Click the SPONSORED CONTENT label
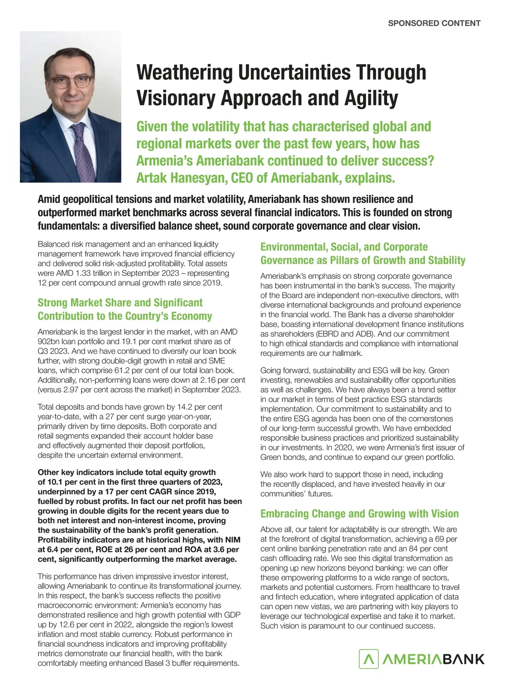[x=434, y=23]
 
